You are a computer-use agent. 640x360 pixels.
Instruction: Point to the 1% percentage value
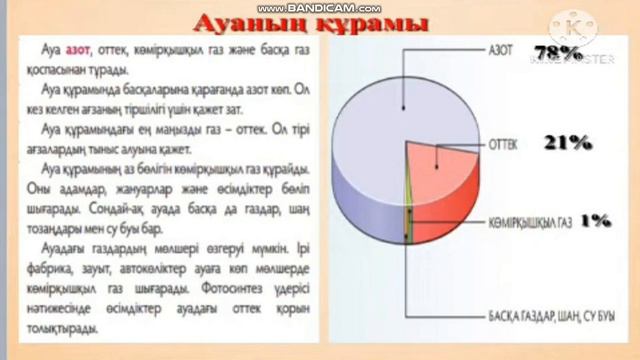[595, 220]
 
